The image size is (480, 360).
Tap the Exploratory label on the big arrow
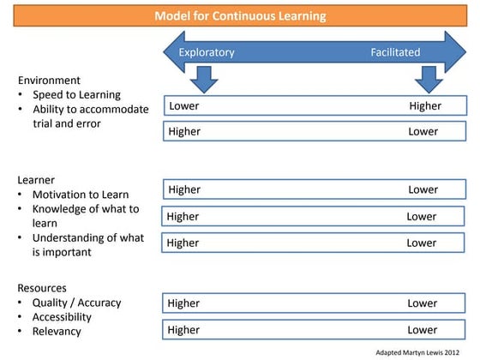tap(207, 52)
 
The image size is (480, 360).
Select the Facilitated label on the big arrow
tap(395, 52)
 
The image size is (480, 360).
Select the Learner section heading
tap(37, 180)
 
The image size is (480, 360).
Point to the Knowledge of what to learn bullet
tap(85, 216)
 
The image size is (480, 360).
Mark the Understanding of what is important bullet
tap(88, 244)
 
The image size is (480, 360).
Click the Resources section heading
tap(42, 288)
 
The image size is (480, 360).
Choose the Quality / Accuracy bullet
tap(76, 303)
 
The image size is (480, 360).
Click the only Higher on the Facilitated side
tap(425, 106)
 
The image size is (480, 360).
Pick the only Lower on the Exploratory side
tap(184, 106)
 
